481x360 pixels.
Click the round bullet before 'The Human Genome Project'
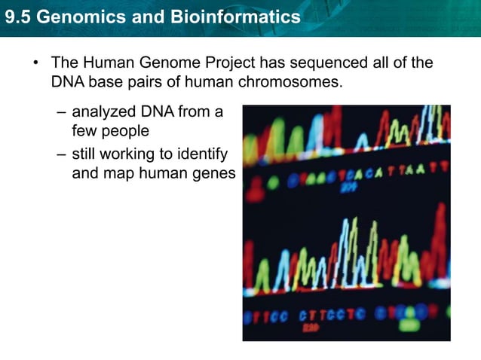pyautogui.click(x=35, y=63)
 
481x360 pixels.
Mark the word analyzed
pyautogui.click(x=103, y=112)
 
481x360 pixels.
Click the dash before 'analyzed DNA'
pyautogui.click(x=60, y=113)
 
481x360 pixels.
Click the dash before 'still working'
pyautogui.click(x=60, y=155)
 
